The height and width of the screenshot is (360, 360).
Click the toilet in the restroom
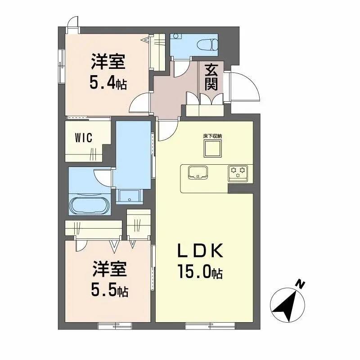[x=207, y=44]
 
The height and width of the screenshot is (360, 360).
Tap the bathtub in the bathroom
[x=90, y=205]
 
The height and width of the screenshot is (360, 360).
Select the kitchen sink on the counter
[x=198, y=172]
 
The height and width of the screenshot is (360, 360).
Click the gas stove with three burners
[x=238, y=173]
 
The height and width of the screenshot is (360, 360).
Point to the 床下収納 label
[x=212, y=136]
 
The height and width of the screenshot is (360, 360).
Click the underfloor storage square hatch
[x=212, y=148]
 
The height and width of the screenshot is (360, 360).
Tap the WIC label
[x=84, y=138]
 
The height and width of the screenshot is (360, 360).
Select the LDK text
[x=200, y=251]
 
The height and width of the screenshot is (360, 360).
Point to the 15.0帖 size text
[x=200, y=271]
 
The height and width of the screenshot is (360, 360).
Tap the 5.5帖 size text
[x=110, y=290]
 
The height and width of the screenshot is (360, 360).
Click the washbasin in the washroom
[x=130, y=197]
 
